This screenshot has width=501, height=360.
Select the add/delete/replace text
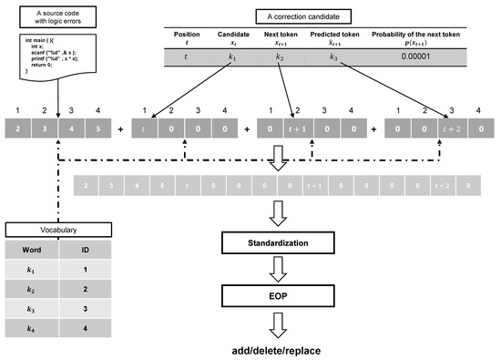[276, 349]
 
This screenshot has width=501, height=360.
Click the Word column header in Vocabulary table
[30, 249]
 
